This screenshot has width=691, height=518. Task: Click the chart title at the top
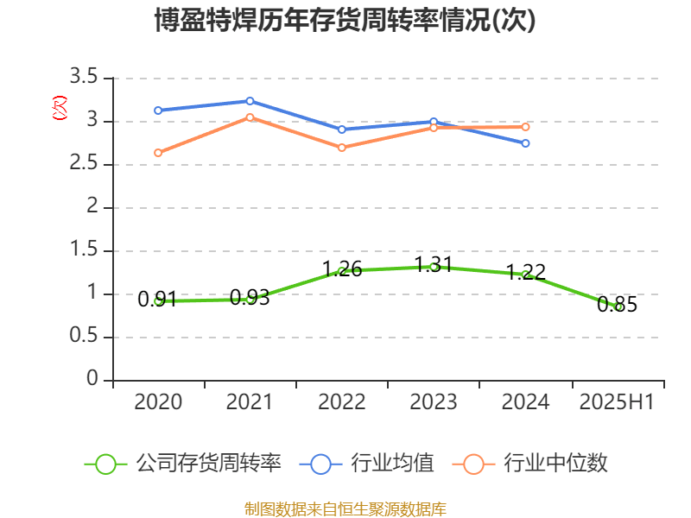tap(345, 21)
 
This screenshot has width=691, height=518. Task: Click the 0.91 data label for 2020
tap(157, 299)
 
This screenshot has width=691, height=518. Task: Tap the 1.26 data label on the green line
tap(342, 268)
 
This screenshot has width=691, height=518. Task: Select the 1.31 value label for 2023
tap(434, 264)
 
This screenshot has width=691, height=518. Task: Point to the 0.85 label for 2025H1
tap(617, 304)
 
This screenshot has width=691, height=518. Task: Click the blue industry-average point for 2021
tap(250, 101)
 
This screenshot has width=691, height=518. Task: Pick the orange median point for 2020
tap(158, 153)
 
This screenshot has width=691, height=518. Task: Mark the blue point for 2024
tap(525, 143)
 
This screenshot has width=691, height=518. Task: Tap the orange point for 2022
tap(342, 148)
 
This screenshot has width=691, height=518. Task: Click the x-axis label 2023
tap(434, 402)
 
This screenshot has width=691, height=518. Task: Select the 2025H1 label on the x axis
tap(617, 402)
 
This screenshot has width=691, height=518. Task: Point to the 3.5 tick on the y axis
tap(86, 79)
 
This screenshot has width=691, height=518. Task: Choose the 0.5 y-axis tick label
tap(86, 338)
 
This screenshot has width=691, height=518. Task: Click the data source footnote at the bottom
tap(345, 509)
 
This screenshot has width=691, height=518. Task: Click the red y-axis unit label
tap(59, 108)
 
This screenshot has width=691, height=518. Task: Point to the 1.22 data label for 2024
tap(525, 272)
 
